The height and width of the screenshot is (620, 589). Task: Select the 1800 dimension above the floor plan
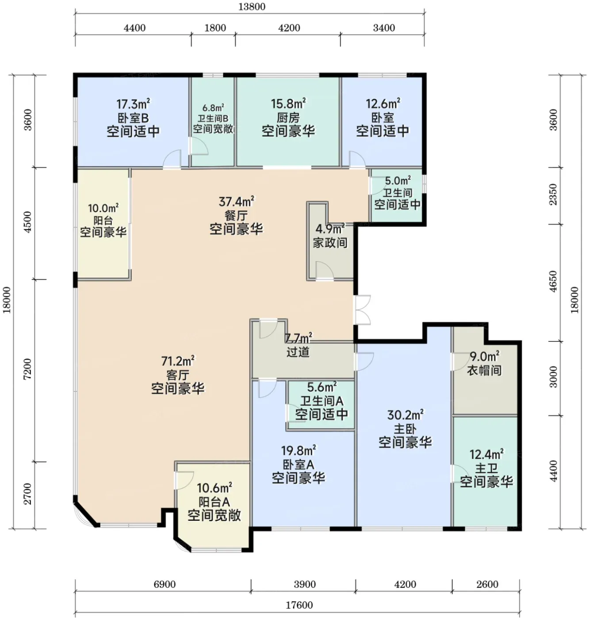tap(215, 28)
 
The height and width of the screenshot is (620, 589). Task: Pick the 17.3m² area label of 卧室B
tap(133, 103)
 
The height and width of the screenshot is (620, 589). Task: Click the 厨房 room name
tap(288, 118)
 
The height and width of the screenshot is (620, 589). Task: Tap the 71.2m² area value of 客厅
tap(178, 360)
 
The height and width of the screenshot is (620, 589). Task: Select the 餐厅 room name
tap(236, 216)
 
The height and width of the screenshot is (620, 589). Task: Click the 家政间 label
tap(330, 243)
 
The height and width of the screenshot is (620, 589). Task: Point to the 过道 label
tap(298, 352)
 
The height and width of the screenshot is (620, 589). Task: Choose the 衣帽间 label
tap(484, 370)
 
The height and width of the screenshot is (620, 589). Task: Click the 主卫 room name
tap(486, 468)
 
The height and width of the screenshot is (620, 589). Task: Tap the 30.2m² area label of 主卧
tap(405, 415)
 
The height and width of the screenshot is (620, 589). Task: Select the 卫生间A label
tap(321, 401)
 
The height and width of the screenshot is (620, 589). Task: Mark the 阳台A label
tap(214, 501)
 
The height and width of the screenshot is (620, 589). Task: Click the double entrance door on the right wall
tap(362, 310)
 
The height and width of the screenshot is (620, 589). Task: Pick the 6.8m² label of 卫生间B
tap(213, 108)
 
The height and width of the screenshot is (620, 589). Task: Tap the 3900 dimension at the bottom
tap(305, 584)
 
